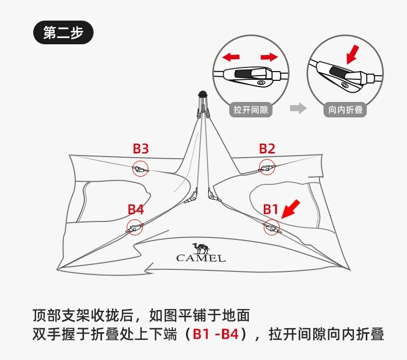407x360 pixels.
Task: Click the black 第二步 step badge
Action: tap(63, 33)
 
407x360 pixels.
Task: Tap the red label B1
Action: tap(270, 209)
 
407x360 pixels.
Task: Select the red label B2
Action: tap(267, 149)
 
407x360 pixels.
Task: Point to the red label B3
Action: tap(141, 149)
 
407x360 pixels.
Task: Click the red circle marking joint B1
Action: tap(271, 227)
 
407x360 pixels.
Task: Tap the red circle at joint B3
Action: tap(140, 168)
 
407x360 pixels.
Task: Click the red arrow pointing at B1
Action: tap(292, 209)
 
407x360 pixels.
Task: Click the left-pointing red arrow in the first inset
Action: tap(231, 56)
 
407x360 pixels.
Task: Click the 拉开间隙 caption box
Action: tap(251, 109)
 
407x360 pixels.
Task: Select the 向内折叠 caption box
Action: tap(346, 109)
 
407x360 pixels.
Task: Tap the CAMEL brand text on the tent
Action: tap(201, 258)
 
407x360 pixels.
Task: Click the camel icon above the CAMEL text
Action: tap(200, 247)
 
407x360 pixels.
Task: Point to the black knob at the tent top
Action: tap(203, 94)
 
